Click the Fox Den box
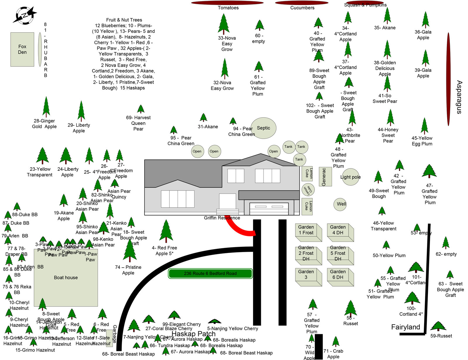pos(22,49)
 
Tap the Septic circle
pos(263,128)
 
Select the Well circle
pos(340,204)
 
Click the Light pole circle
pos(350,177)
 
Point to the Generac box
pos(325,177)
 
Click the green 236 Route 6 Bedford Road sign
pos(210,273)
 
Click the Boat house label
pos(66,278)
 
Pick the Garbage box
pos(109,338)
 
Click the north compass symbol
pos(25,15)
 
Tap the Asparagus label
pos(459,97)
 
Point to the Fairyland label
pos(405,327)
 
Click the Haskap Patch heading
pos(193,334)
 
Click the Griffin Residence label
pos(222,218)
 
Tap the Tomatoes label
pos(228,8)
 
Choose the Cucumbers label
pos(302,8)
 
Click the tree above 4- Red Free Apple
pos(166,231)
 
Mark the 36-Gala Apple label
pos(423,35)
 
